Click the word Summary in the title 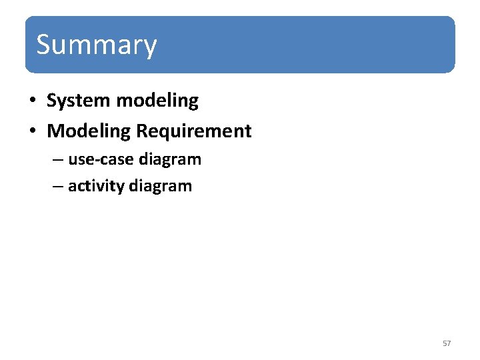click(x=97, y=45)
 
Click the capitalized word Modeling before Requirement click(x=89, y=131)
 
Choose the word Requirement click(x=194, y=131)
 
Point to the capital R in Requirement click(x=142, y=131)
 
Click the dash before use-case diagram click(x=58, y=161)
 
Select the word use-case click(x=101, y=160)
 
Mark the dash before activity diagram click(x=58, y=187)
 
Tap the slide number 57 click(x=447, y=343)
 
